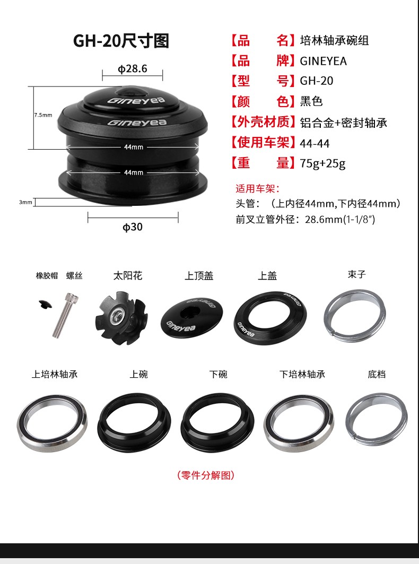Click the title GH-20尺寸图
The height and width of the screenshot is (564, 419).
[121, 41]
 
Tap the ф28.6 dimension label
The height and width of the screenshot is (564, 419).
[133, 68]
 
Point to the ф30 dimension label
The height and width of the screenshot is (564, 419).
[133, 227]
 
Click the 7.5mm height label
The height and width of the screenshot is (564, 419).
[43, 115]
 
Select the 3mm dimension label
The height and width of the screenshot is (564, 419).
[25, 202]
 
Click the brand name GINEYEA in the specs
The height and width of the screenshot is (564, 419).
[324, 61]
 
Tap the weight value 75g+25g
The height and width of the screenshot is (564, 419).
[322, 163]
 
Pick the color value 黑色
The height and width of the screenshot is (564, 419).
[311, 101]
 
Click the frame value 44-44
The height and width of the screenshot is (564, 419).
[315, 143]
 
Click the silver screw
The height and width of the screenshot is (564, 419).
[65, 315]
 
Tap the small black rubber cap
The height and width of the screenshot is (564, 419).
[45, 305]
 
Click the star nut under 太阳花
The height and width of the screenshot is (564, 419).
[121, 319]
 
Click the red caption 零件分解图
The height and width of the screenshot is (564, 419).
[206, 475]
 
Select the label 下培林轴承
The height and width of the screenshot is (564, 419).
[302, 375]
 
